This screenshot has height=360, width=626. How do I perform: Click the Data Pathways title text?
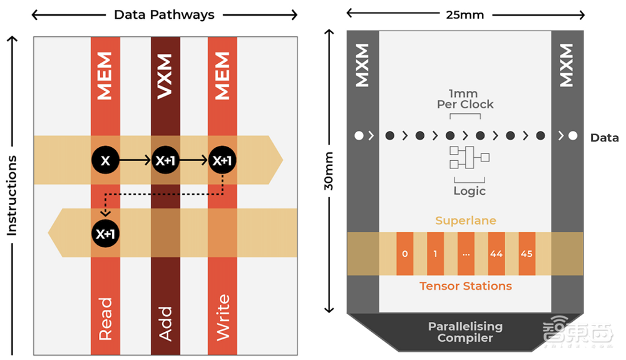pos(164,14)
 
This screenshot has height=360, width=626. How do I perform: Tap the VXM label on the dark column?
pos(165,76)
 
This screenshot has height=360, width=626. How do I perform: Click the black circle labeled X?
pos(105,161)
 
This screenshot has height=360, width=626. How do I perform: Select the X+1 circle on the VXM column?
pos(165,161)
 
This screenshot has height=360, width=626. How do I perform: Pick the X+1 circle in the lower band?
pos(105,234)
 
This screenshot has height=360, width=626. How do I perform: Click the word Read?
pos(105,318)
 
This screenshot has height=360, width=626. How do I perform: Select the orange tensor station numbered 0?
pos(405,254)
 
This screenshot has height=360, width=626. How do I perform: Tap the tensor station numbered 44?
pos(497,254)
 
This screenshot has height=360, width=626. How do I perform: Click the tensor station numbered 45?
pos(527,254)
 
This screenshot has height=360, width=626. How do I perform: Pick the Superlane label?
pos(465,220)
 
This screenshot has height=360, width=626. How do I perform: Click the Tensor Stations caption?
pos(465,286)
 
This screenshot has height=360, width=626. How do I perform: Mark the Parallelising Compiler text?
pos(465,332)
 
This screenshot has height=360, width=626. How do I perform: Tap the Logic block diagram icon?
pos(469,157)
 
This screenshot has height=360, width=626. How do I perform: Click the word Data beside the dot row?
pos(604,138)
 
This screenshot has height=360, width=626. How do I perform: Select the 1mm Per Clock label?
pos(465,99)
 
